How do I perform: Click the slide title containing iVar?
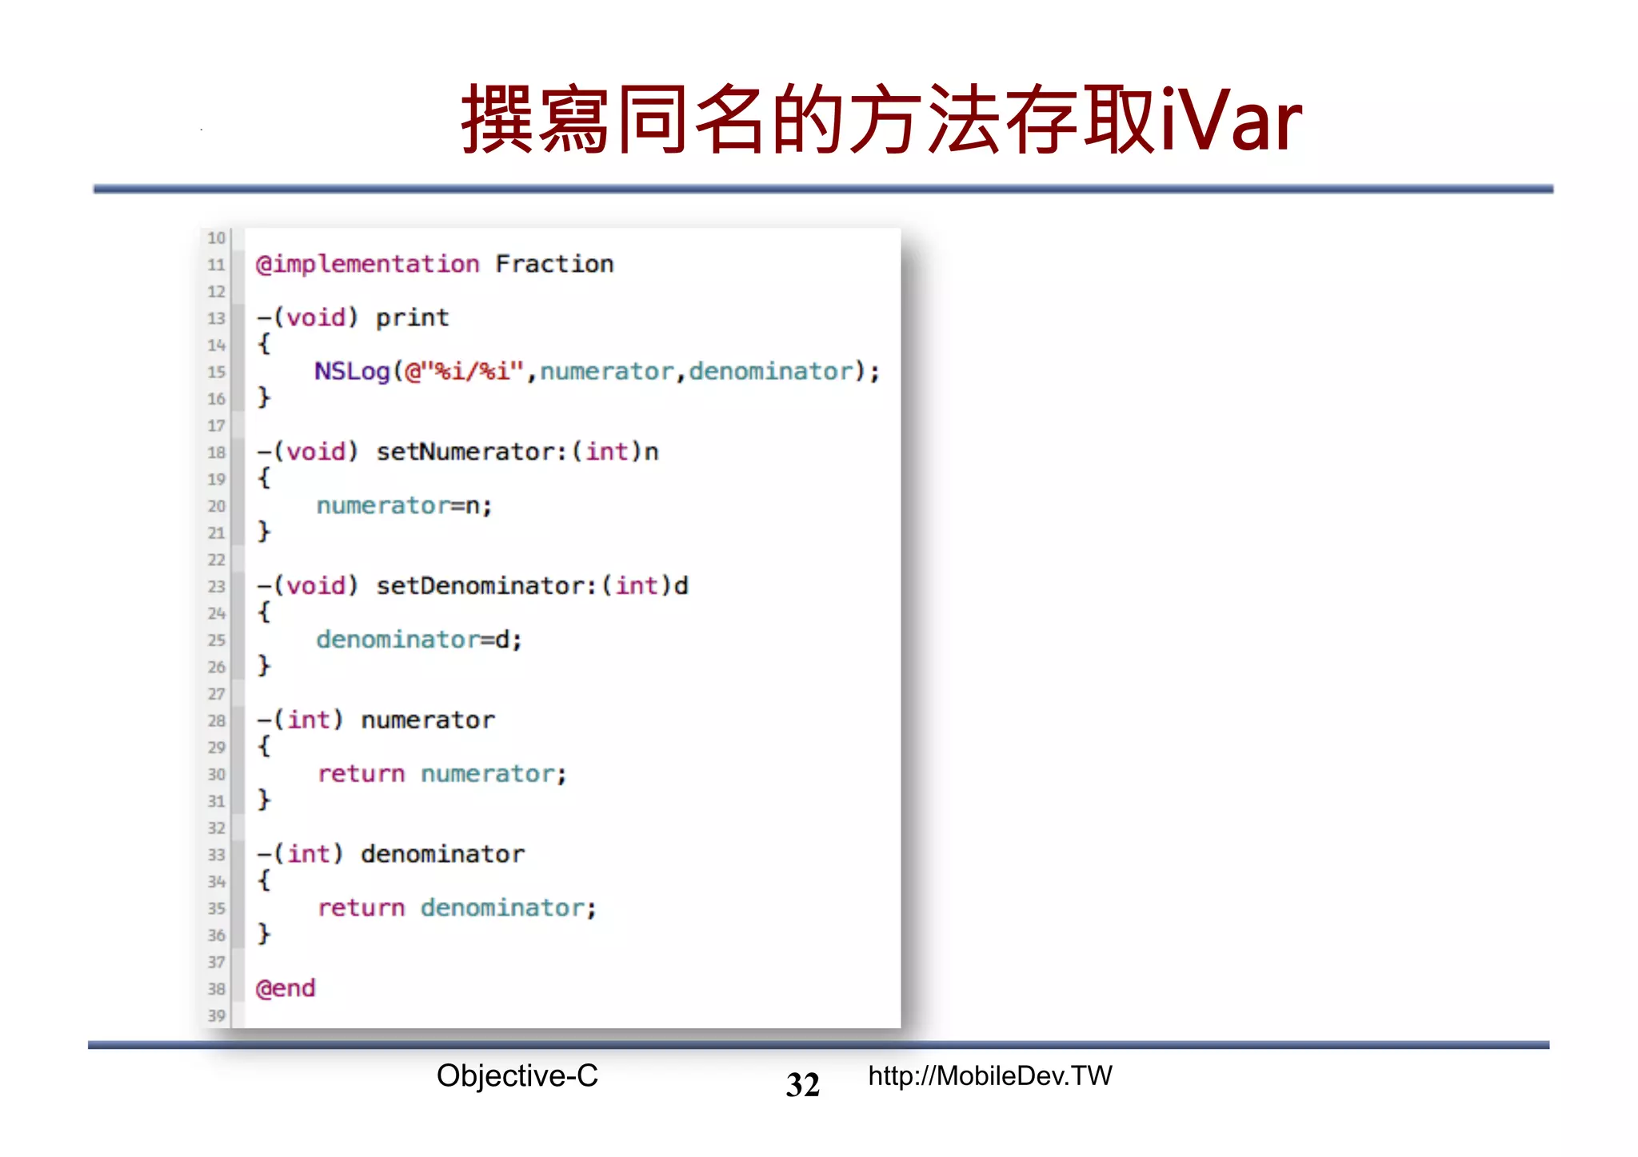881,120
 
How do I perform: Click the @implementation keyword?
367,264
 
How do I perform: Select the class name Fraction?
554,264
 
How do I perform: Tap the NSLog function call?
351,372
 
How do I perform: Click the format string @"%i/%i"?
464,372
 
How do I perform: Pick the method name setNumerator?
471,453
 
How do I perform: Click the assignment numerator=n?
404,506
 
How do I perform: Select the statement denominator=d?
419,640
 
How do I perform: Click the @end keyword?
286,988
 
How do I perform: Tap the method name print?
413,318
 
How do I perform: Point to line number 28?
217,720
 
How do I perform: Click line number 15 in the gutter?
217,372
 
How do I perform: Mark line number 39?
217,1015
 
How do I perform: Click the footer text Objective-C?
517,1076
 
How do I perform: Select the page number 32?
802,1085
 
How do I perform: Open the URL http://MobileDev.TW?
989,1076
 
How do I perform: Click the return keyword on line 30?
362,774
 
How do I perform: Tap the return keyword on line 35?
362,908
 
